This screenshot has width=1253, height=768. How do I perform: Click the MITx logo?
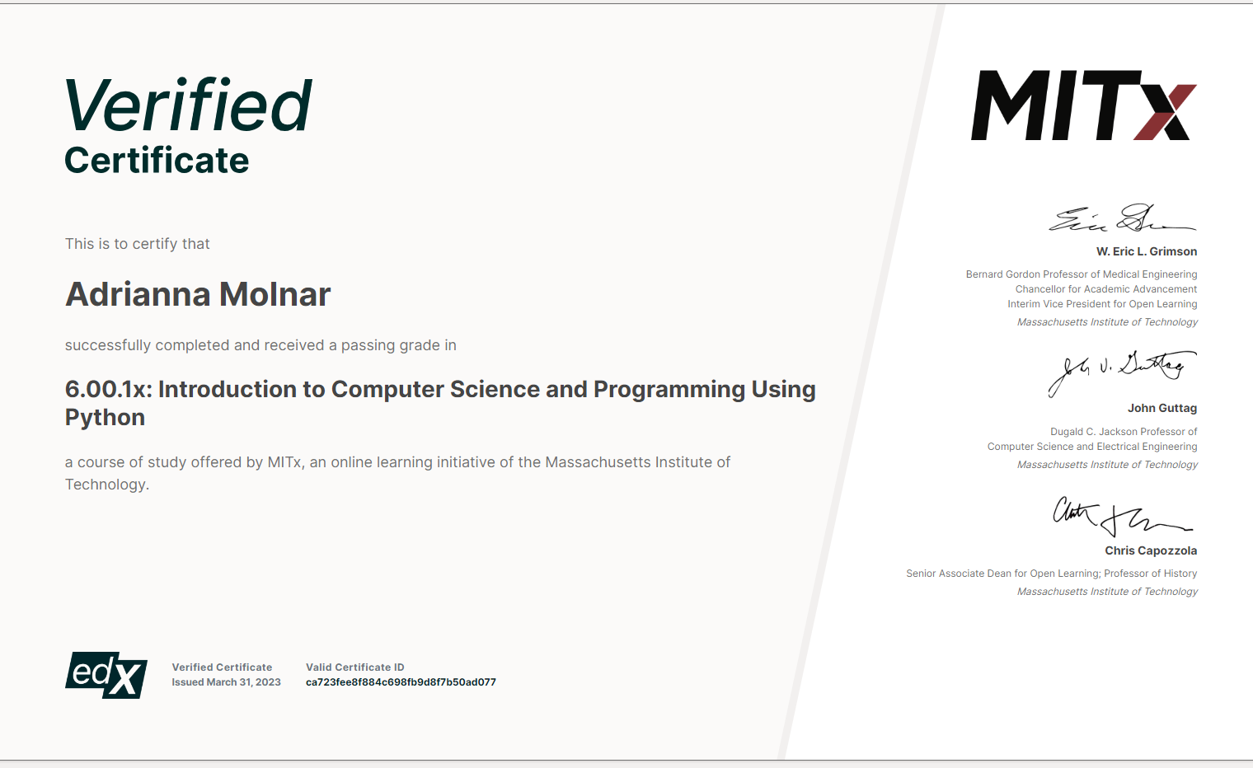click(1083, 105)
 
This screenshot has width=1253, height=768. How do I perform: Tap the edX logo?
click(106, 675)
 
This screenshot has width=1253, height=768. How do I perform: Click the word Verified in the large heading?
click(188, 105)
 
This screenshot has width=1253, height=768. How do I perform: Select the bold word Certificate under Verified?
click(157, 161)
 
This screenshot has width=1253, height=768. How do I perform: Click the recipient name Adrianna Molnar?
click(198, 294)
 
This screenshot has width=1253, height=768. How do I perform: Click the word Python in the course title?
click(106, 418)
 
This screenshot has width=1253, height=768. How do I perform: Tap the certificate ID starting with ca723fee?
click(401, 681)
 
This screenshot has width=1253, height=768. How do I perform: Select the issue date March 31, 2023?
click(244, 681)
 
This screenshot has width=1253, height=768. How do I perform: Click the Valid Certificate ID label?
click(354, 667)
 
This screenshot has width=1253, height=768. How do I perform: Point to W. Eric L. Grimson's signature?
click(1122, 218)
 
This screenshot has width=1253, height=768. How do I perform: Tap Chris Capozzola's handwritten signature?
click(1122, 516)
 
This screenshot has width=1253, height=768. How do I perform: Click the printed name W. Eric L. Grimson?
click(1146, 251)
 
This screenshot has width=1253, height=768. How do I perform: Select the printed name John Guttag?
click(1161, 409)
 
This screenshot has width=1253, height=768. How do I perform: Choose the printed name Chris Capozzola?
click(1151, 551)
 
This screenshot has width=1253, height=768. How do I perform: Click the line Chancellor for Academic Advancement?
click(1106, 289)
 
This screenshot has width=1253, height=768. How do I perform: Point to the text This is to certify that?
click(137, 244)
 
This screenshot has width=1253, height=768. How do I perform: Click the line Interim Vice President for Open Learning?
click(1102, 304)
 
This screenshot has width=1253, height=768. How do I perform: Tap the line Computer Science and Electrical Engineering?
click(1092, 447)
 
